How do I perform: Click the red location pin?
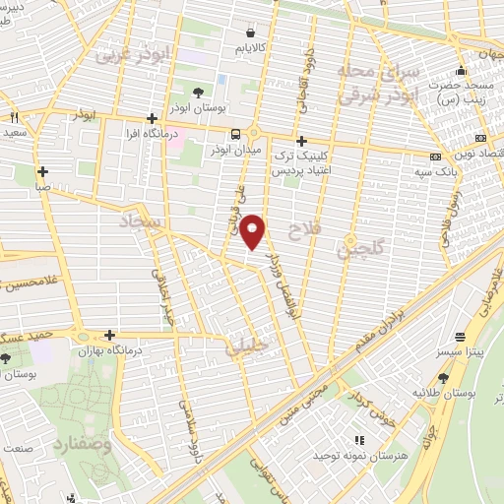(x=254, y=231)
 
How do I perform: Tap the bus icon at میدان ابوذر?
(x=236, y=135)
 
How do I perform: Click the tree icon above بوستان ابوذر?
(x=200, y=93)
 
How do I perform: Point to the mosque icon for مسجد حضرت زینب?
(x=461, y=71)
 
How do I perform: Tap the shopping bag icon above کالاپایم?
(x=251, y=32)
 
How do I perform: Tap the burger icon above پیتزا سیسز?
(x=460, y=337)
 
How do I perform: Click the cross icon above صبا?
(x=42, y=171)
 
